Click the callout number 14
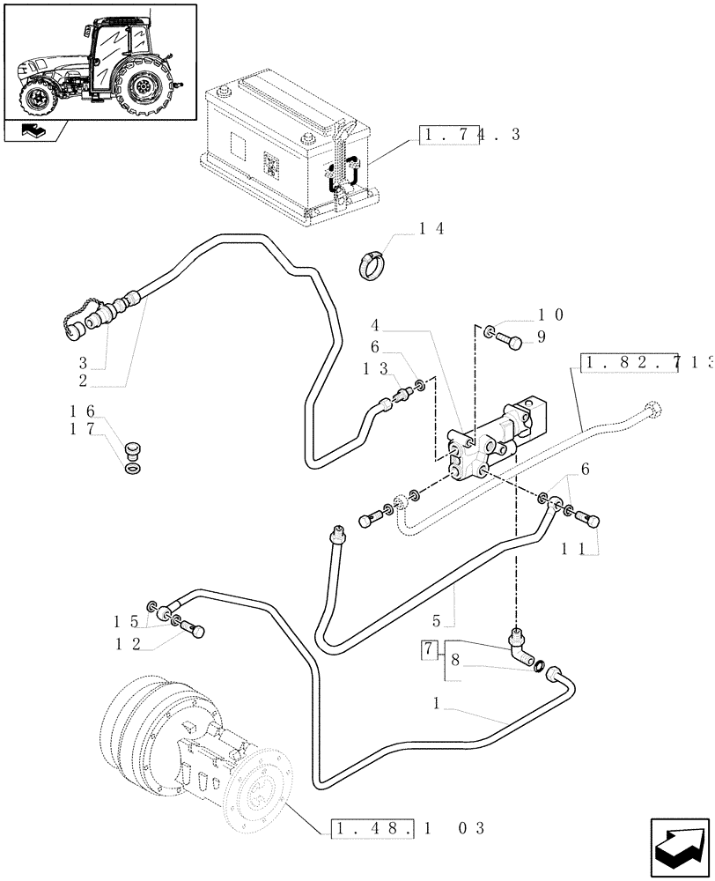click(x=431, y=229)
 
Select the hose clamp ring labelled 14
click(x=371, y=263)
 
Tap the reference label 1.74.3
click(x=470, y=135)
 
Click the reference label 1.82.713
click(x=646, y=363)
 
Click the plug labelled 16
click(x=134, y=450)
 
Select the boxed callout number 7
click(x=429, y=649)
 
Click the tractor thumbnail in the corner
click(x=99, y=60)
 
